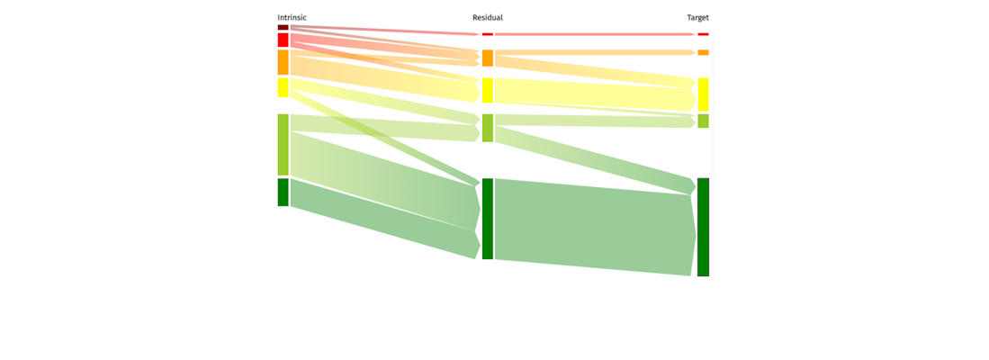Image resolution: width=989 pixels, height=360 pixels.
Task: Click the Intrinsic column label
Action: pos(292,17)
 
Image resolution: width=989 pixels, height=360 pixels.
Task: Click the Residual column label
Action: pos(488,17)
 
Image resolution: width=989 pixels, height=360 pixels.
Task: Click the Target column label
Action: pos(697,17)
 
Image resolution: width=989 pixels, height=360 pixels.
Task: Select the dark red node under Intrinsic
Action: pos(283,27)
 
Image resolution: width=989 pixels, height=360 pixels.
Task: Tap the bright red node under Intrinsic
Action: pos(283,40)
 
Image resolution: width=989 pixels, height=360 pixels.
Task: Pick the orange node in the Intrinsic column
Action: pos(283,62)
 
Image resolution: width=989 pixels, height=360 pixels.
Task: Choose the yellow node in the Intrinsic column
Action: pos(283,87)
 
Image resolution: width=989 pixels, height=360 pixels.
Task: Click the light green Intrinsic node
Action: pos(283,144)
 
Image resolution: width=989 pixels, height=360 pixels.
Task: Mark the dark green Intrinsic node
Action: pos(283,192)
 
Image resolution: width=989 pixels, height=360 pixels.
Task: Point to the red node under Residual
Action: pos(488,34)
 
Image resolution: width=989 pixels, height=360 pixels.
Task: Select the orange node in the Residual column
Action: pos(488,58)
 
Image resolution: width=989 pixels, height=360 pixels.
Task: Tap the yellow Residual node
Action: pos(488,90)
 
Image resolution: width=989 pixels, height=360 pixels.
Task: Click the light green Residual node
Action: pos(488,128)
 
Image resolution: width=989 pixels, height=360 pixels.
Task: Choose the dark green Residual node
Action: pos(488,219)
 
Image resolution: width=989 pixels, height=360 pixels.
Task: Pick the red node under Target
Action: pos(703,34)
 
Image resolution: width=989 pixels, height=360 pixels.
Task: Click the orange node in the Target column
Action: pos(703,52)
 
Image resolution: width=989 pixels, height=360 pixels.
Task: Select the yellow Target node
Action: pos(703,94)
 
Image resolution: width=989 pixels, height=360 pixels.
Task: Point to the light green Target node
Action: pos(703,121)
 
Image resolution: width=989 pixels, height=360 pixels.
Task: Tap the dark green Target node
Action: pos(703,227)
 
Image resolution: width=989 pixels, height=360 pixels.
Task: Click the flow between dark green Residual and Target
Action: pos(594,225)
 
